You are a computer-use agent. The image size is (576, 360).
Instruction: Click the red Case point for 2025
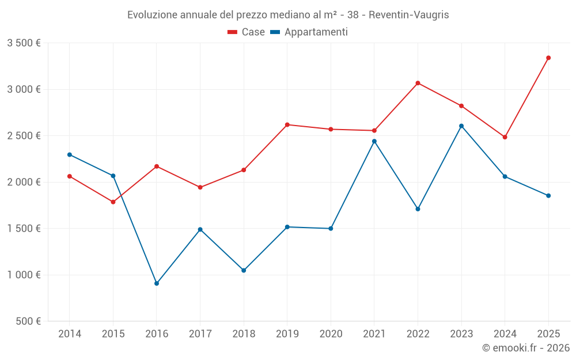pos(548,58)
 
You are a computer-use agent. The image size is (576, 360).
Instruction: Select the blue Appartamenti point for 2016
pos(157,283)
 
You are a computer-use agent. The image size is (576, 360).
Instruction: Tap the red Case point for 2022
pos(418,83)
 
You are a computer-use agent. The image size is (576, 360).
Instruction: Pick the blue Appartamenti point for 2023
pos(461,126)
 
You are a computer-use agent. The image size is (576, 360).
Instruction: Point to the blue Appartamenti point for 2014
pos(70,154)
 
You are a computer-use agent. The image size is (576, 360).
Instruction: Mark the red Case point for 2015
pos(113,202)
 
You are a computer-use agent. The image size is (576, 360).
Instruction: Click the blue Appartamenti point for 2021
pos(374,141)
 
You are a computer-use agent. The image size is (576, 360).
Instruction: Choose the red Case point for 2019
pos(287,124)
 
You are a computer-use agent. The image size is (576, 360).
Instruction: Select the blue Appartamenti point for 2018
pos(244,270)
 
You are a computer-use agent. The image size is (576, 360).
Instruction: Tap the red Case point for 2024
pos(505,137)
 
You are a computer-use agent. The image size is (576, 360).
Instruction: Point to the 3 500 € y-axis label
pos(24,43)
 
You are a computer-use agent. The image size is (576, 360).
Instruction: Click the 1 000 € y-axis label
pos(24,275)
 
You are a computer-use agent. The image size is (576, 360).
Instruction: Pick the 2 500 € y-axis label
pos(24,136)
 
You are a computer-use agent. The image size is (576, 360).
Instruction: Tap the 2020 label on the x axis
pos(331,334)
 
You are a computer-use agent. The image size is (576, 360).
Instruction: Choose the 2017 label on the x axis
pos(200,334)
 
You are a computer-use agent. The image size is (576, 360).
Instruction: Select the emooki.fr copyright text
pos(525,348)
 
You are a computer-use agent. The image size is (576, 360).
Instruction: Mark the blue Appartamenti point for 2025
pos(548,196)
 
